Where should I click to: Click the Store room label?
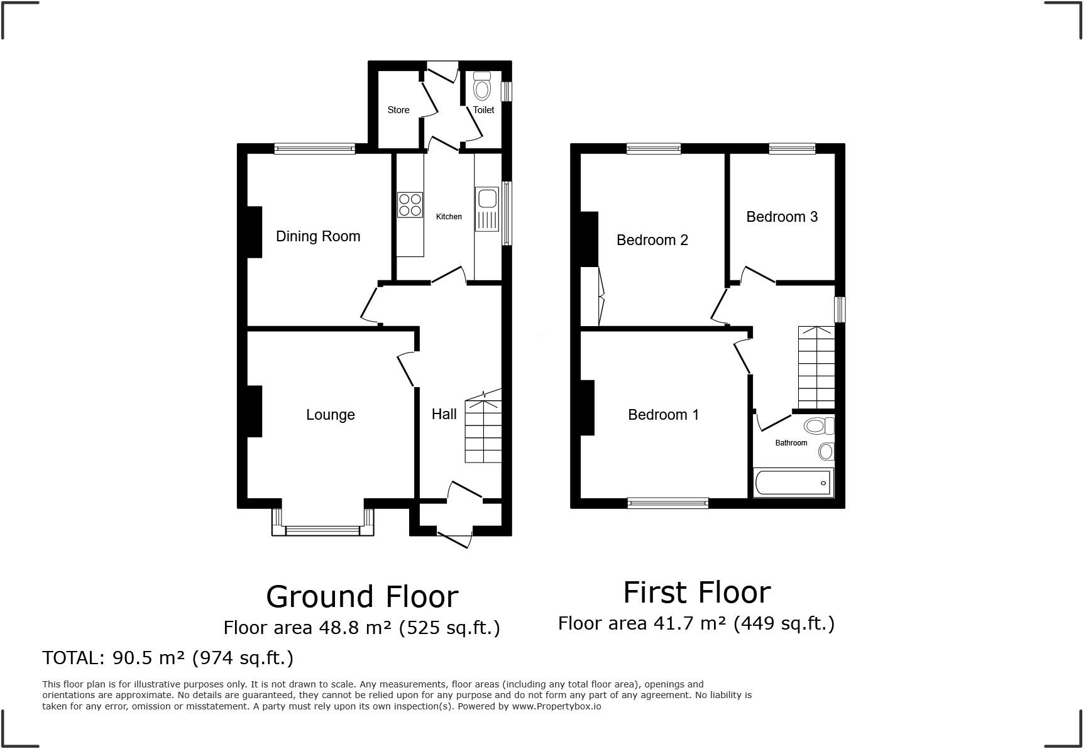(x=398, y=110)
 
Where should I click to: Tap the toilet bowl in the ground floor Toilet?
(x=482, y=88)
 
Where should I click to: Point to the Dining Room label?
(x=318, y=236)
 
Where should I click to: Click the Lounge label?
(x=330, y=415)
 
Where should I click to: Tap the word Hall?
(x=444, y=414)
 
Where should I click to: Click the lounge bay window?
(x=322, y=530)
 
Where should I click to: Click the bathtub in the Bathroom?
(x=793, y=483)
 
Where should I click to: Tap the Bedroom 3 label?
(x=781, y=217)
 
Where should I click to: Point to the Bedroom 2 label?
(x=652, y=240)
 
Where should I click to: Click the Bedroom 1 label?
(x=663, y=415)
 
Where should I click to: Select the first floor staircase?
(x=816, y=367)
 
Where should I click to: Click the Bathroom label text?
(x=791, y=443)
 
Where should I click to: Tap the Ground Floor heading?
(x=362, y=596)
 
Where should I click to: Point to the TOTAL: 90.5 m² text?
(x=168, y=658)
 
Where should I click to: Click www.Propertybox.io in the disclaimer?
(x=556, y=706)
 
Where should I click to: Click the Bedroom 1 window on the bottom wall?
(x=667, y=503)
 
